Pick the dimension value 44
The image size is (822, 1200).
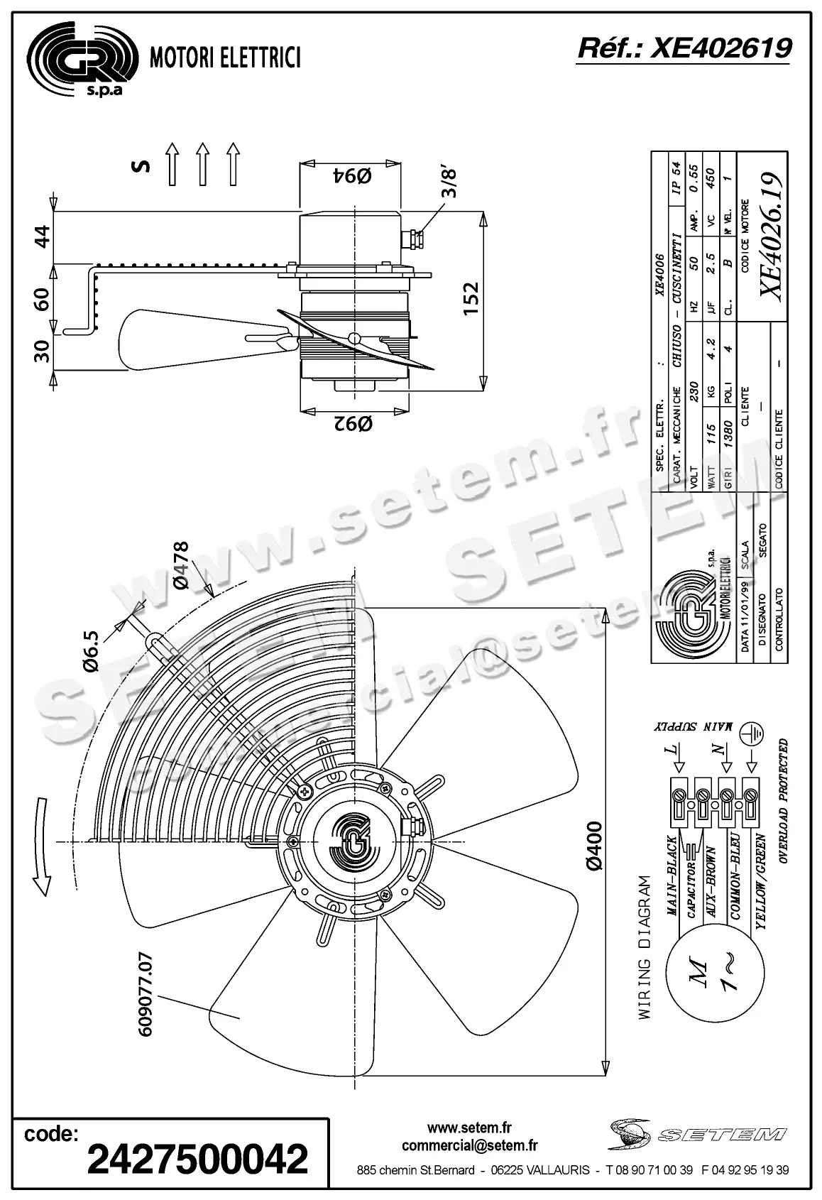click(43, 237)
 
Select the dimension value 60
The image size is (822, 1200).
click(43, 298)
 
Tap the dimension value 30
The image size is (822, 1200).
click(43, 350)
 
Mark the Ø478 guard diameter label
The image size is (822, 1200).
click(180, 565)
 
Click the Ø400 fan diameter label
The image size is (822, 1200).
click(594, 845)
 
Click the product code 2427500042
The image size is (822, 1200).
click(197, 1159)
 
